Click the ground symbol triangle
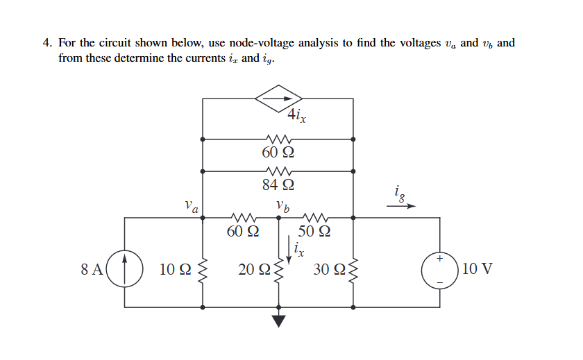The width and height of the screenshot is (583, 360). tap(278, 320)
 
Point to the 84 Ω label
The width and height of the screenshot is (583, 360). tap(278, 185)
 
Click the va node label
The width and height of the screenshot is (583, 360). tap(192, 206)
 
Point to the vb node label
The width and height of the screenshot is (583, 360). tap(282, 206)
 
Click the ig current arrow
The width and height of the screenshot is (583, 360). tap(405, 206)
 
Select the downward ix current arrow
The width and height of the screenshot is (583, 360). tap(289, 247)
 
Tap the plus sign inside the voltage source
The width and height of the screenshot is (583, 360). tap(439, 259)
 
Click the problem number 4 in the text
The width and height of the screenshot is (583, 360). tap(46, 43)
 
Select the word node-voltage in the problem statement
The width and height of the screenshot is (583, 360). tap(258, 43)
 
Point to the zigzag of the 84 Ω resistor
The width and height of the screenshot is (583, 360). tap(278, 171)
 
